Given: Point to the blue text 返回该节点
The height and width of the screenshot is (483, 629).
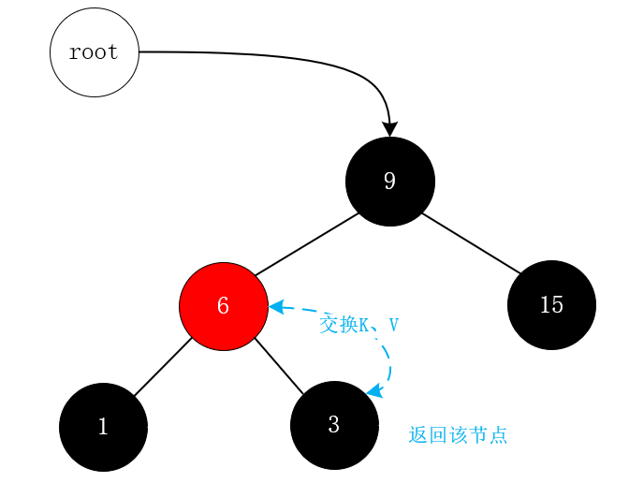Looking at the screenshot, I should coord(458,435).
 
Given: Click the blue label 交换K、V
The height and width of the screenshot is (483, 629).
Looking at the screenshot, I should coord(358,325).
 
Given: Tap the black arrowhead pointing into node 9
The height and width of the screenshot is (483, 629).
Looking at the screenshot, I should coord(389,129).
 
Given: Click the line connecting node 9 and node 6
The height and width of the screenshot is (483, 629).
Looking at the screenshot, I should coord(307,244).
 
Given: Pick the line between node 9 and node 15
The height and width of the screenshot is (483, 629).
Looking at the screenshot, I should coord(471,244).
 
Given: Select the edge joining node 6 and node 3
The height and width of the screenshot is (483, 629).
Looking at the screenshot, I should coord(279,366).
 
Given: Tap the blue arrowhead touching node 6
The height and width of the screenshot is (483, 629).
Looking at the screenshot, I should coord(276,306).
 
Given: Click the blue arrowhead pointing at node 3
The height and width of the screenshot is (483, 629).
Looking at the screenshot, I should coord(373,392).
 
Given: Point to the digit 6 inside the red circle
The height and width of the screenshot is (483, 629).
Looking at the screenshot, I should coord(223,306).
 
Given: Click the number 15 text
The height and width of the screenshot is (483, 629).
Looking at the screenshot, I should coord(551,305).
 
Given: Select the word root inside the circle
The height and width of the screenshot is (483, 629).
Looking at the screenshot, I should coord(94,52).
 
